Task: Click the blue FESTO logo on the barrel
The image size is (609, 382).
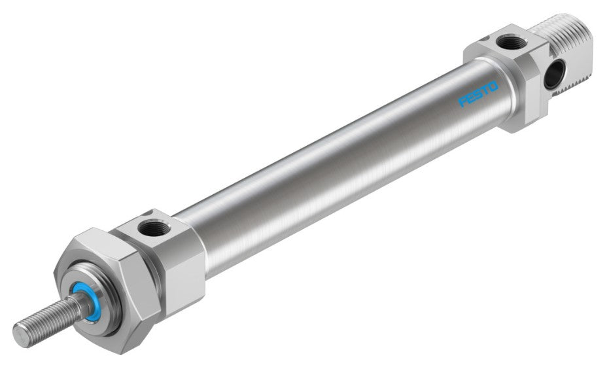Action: (x=478, y=94)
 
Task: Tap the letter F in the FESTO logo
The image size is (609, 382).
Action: (x=463, y=101)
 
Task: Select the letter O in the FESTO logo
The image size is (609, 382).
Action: (x=493, y=86)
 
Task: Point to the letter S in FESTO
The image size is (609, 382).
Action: (x=478, y=94)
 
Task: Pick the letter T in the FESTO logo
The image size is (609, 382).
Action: (x=485, y=90)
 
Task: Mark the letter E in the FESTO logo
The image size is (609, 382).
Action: (x=471, y=98)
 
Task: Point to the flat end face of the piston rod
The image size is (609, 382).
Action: (x=20, y=335)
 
